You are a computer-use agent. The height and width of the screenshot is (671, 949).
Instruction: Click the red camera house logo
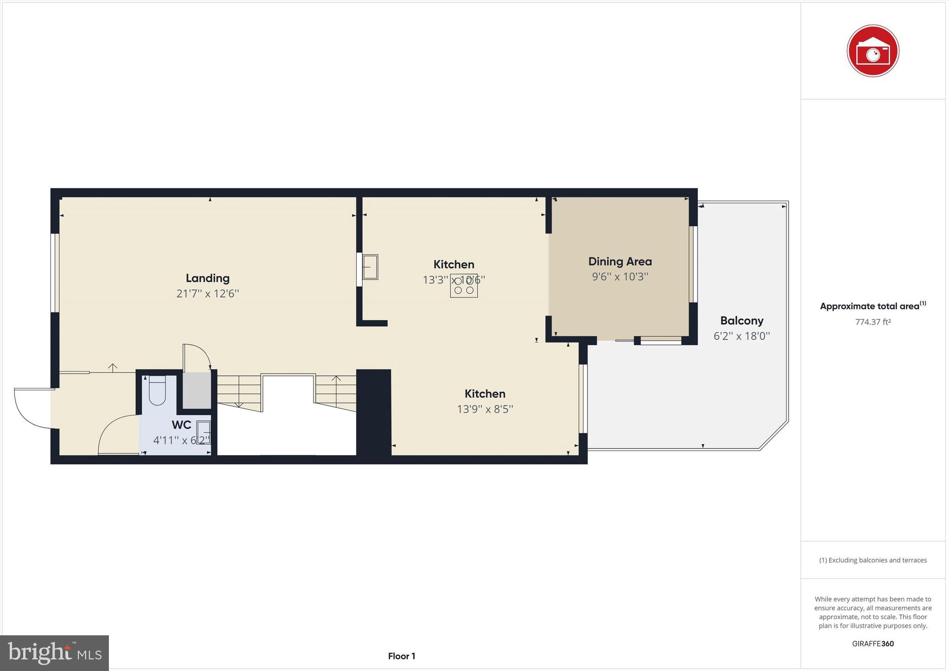point(873,51)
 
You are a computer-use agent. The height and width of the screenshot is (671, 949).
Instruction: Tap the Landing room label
point(208,278)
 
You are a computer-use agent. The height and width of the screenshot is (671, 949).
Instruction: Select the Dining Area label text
point(620,261)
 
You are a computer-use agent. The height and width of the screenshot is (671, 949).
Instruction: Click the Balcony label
point(741,321)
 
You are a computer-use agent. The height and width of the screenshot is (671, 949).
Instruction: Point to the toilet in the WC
point(157,392)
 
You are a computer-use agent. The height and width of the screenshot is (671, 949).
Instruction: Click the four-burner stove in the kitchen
point(463,286)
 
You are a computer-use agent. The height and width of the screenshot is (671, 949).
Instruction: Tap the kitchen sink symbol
point(370,267)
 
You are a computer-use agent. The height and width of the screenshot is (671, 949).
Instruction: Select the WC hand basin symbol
point(203,432)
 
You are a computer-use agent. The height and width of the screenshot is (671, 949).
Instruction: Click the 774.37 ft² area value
point(873,322)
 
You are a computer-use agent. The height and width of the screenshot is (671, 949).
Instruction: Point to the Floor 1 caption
point(401,656)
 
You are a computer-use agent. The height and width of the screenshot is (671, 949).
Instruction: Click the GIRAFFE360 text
point(873,644)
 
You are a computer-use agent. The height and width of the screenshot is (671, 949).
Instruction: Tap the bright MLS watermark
point(54,653)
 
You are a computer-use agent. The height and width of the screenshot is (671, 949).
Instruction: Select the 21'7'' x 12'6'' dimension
point(208,294)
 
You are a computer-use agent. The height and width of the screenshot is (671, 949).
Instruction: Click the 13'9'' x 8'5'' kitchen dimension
point(485,409)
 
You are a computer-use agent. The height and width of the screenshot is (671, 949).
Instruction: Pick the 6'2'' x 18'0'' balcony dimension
point(741,336)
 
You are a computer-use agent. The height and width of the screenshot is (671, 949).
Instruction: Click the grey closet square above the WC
point(196,390)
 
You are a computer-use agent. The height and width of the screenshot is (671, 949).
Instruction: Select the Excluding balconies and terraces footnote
point(873,560)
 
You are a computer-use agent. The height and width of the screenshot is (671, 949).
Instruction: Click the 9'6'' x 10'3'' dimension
point(620,277)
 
